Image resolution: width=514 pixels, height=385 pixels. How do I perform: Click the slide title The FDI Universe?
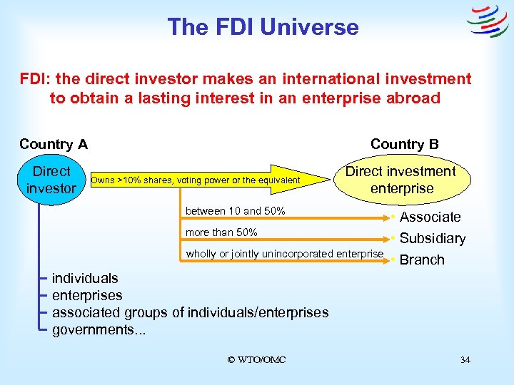(263, 27)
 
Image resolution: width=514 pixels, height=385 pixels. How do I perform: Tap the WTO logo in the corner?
(487, 22)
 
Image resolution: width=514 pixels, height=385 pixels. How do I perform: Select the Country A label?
(54, 144)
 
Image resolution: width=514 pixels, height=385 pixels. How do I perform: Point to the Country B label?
(404, 144)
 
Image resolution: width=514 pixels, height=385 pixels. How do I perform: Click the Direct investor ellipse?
(51, 180)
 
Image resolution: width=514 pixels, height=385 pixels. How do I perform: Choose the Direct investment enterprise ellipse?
(400, 180)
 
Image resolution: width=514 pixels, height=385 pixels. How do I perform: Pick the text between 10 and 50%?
(235, 211)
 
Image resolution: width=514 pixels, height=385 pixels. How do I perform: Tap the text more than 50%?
(221, 232)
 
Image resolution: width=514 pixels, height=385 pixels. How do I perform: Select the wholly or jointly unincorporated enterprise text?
(284, 254)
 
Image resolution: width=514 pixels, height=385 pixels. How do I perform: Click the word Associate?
(430, 217)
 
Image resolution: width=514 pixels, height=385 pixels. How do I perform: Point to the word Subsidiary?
(432, 238)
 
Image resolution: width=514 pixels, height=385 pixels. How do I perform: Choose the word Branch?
(421, 260)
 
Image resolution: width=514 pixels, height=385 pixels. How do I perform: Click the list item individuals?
(85, 278)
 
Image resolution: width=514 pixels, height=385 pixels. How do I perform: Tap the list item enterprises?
(87, 295)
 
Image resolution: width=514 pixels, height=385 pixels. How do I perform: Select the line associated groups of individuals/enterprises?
(191, 312)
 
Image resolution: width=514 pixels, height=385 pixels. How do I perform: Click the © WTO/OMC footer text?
(256, 359)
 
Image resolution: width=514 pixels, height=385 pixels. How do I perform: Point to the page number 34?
(465, 359)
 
